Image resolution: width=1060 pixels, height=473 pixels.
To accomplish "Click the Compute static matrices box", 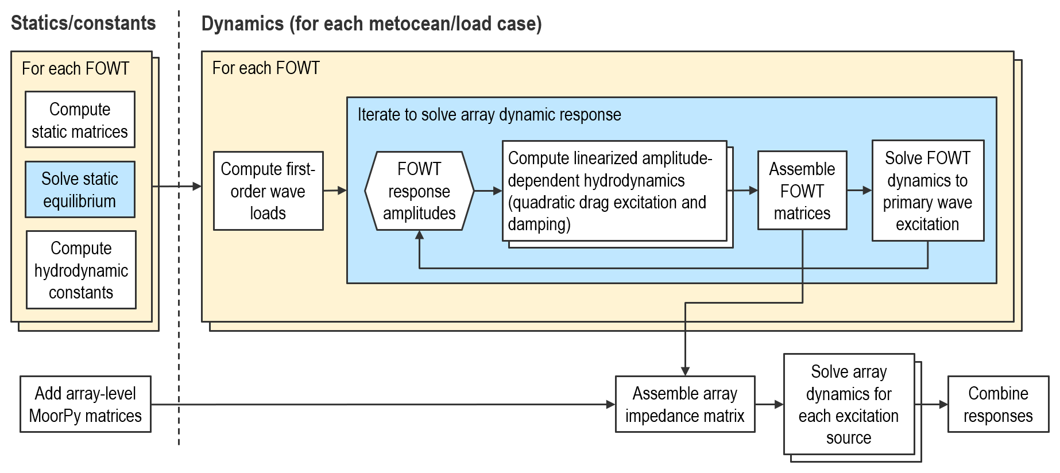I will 80,120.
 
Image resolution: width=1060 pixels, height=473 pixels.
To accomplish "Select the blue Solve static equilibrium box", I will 80,189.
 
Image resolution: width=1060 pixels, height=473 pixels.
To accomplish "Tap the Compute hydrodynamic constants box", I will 81,270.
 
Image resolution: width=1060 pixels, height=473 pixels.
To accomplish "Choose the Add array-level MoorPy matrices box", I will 85,404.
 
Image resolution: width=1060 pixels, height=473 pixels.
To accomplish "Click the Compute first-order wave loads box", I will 268,191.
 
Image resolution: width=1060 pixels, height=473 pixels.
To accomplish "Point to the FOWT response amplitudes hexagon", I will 419,191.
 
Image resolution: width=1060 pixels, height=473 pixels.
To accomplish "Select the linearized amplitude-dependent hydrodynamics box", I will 614,191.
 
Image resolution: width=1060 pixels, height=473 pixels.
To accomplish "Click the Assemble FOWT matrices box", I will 802,191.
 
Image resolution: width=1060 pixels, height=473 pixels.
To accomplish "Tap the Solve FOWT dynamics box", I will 927,191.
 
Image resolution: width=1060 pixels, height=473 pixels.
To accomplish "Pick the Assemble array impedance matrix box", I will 684,404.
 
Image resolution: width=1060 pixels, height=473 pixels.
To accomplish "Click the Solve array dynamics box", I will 849,404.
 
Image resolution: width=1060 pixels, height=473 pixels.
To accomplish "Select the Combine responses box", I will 998,404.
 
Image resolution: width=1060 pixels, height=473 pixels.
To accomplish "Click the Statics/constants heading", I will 83,23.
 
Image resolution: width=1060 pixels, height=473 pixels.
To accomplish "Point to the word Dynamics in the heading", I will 242,24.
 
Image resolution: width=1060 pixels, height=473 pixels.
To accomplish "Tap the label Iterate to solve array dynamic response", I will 489,114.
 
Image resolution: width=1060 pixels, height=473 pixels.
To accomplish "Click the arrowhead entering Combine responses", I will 943,405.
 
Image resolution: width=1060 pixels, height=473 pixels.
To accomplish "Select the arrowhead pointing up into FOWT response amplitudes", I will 420,235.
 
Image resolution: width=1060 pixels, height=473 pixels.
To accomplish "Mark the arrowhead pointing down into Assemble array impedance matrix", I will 685,371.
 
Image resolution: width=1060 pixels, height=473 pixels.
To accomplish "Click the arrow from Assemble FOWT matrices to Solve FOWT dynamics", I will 860,191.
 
